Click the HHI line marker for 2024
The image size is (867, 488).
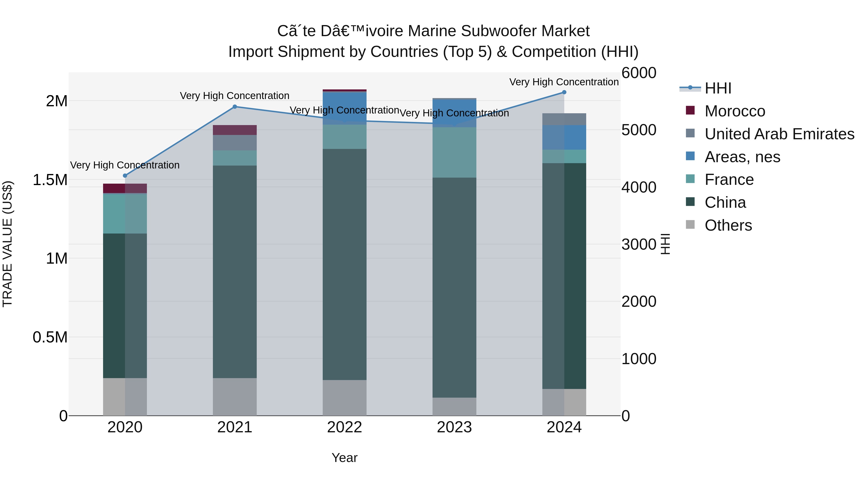[x=564, y=92]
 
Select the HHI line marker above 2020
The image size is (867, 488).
[x=125, y=175]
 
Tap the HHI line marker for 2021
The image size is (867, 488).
[x=235, y=107]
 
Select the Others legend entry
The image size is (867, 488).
[x=728, y=225]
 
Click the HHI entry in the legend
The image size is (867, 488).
[x=718, y=88]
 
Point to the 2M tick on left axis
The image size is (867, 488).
[x=57, y=101]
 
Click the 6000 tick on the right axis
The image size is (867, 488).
[x=638, y=73]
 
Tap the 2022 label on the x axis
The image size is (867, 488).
[x=344, y=427]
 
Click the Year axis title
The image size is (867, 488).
[x=344, y=458]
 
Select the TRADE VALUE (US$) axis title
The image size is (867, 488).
[x=7, y=244]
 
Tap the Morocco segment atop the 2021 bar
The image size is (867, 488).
[x=235, y=130]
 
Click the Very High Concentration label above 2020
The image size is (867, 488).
[x=125, y=165]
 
